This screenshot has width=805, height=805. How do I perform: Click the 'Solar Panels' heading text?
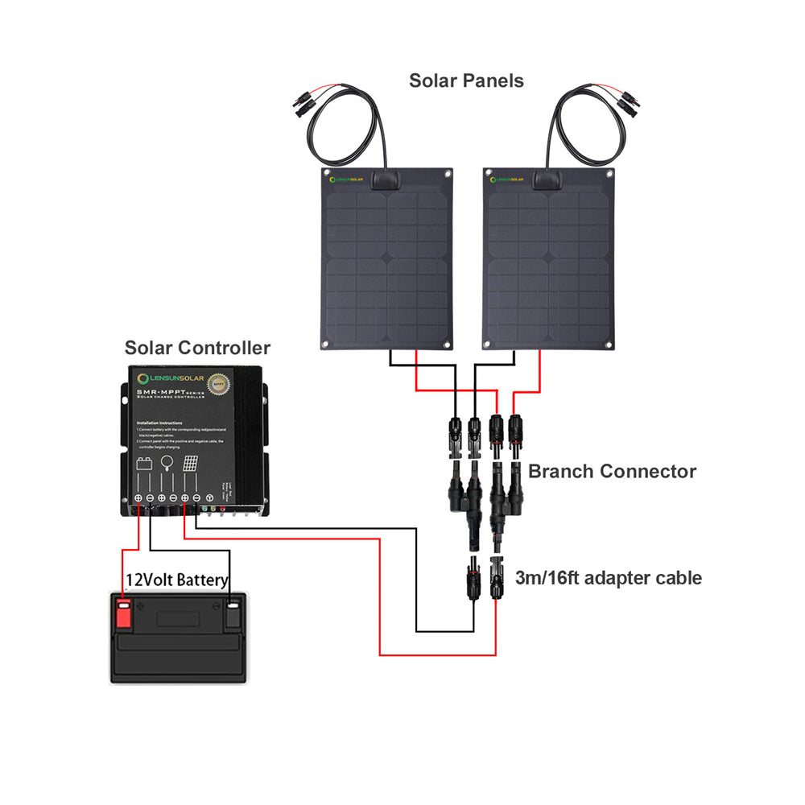click(466, 81)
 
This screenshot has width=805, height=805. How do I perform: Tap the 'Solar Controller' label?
click(197, 349)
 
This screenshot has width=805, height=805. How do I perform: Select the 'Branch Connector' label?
click(612, 472)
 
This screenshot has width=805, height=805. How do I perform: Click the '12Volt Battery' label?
click(176, 580)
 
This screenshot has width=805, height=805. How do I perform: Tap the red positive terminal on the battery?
click(123, 613)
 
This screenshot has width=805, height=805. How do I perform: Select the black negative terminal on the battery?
click(233, 613)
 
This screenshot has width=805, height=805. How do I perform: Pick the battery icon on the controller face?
click(146, 464)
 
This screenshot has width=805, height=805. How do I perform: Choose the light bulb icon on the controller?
click(168, 463)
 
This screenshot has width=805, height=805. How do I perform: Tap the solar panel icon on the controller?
click(191, 464)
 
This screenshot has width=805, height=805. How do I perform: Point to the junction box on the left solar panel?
click(387, 178)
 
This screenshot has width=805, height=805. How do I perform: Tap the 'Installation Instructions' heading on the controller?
click(159, 422)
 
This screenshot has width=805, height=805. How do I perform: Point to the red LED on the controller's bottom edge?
click(222, 510)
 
